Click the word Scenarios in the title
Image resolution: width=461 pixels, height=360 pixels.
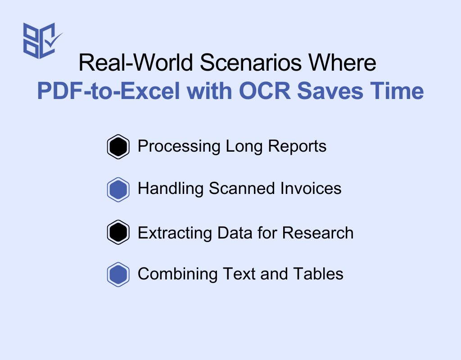click(251, 62)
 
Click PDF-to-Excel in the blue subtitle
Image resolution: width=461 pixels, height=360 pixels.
click(108, 90)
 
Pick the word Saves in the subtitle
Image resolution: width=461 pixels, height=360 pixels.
click(330, 90)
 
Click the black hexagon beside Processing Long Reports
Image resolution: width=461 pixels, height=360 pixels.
click(118, 147)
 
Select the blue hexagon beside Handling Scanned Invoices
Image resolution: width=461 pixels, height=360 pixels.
click(118, 189)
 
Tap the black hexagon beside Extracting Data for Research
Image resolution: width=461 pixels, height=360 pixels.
click(118, 232)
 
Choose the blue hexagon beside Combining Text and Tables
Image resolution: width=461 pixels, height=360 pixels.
click(118, 274)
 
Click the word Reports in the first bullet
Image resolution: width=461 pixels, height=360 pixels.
click(297, 146)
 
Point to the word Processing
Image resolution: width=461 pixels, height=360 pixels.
click(179, 146)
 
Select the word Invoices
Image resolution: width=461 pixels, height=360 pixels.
click(311, 189)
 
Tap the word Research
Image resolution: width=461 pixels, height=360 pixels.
click(318, 233)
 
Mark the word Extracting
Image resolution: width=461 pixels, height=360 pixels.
click(175, 233)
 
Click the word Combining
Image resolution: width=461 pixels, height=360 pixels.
click(177, 274)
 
